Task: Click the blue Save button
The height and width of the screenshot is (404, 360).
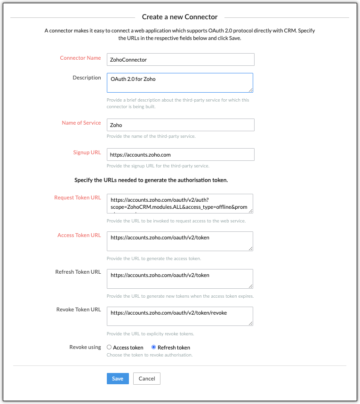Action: pos(118,379)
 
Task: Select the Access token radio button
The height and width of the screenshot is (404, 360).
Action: pos(109,348)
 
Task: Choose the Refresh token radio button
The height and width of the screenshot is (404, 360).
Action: pos(154,348)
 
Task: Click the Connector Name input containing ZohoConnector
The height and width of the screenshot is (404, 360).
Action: pos(180,60)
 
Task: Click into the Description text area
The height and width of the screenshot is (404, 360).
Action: pos(180,83)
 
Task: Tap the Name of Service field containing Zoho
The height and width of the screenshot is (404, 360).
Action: pos(180,125)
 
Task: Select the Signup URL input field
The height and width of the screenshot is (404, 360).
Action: pos(180,155)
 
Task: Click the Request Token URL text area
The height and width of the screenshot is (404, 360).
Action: pos(180,204)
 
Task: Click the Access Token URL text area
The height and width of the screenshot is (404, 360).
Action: pos(180,241)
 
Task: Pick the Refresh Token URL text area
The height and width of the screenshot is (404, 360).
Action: pos(180,279)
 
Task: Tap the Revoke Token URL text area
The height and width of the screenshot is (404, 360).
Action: pos(180,317)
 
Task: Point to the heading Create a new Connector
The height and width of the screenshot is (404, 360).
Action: pos(180,17)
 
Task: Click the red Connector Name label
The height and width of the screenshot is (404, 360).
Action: pos(80,58)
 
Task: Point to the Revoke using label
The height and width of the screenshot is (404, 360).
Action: pos(85,348)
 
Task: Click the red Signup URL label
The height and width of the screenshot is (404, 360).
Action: pos(87,153)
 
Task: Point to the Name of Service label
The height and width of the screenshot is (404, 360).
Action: pos(81,123)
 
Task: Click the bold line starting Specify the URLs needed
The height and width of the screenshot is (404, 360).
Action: pos(151,180)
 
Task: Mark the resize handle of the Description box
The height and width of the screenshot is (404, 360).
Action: pos(251,90)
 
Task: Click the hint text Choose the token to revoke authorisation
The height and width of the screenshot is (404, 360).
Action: pos(150,355)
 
